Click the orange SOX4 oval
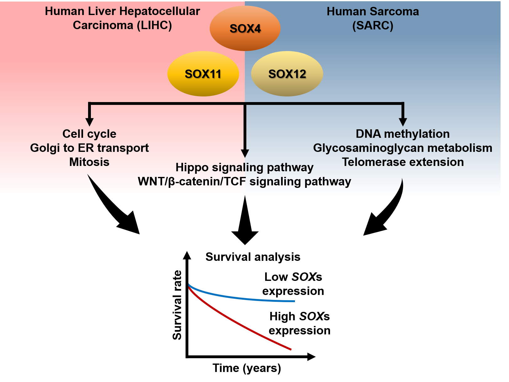pos(245,28)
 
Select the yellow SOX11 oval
pos(203,74)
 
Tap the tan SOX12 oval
pos(287,74)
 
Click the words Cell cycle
pos(89,134)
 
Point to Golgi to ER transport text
pos(89,148)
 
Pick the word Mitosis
pos(89,162)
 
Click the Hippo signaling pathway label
pos(244,167)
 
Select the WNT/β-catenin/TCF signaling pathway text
pos(244,181)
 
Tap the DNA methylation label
pos(402,134)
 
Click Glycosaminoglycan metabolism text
pos(402,148)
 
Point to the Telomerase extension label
pos(402,162)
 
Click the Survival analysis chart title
pos(253,257)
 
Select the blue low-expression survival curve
pos(238,297)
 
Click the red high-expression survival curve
pos(238,323)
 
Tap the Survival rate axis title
pos(177,305)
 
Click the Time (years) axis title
pos(247,368)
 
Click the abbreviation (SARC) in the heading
pos(373,25)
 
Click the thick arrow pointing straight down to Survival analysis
pos(245,225)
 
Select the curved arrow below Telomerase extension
pos(386,213)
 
